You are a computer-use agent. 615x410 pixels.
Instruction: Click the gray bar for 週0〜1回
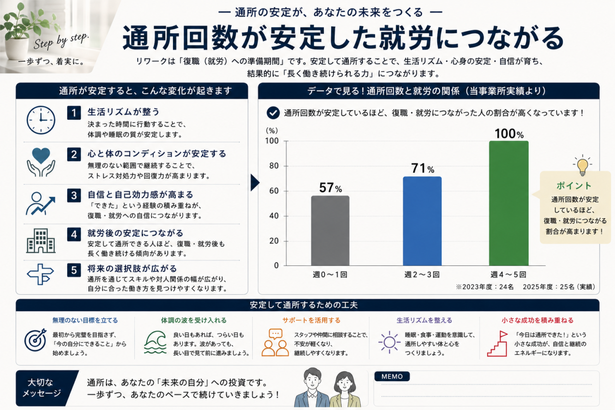pos(330,231)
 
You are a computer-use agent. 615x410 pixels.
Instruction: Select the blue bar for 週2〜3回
pos(422,221)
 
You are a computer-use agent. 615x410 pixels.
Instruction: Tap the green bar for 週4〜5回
pos(509,203)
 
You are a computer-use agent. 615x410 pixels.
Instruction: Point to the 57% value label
pos(331,188)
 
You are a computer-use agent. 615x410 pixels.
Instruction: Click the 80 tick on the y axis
pos(274,166)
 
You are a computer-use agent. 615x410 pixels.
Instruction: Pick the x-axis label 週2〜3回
pos(422,274)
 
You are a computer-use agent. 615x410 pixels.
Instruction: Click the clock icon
pos(41,120)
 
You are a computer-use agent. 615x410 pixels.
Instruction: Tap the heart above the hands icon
pos(41,155)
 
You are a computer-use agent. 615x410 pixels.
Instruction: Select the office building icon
pos(41,241)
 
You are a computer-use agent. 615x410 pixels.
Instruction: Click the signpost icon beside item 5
pos(40,274)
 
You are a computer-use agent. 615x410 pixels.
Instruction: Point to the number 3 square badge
pos(74,195)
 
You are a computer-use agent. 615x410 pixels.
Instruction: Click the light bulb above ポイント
pos(582,165)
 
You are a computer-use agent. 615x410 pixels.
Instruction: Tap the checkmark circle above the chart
pos(273,113)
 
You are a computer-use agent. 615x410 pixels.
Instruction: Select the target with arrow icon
pos(36,340)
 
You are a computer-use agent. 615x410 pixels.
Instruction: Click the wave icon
pos(155,342)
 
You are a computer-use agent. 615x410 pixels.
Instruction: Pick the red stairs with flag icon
pos(497,344)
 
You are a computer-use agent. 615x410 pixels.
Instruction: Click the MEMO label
pos(392,376)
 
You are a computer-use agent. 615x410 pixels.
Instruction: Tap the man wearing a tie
pos(312,387)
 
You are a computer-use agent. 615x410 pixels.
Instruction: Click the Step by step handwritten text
pos(61,41)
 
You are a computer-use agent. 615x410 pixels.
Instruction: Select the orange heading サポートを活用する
pos(311,320)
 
